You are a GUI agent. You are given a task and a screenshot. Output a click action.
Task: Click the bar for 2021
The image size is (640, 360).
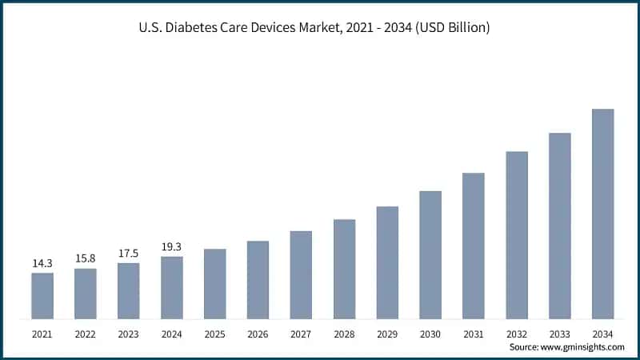[x=42, y=295]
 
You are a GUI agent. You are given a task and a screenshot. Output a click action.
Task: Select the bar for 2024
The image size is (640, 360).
[x=172, y=287]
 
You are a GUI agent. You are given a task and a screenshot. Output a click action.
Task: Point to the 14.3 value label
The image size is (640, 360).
[x=42, y=262]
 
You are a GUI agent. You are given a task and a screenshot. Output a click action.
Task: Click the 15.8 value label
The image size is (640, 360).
[x=86, y=258]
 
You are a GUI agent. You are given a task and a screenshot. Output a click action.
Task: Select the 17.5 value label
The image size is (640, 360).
[x=129, y=252]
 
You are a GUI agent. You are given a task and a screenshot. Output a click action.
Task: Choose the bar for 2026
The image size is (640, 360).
[x=258, y=279]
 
